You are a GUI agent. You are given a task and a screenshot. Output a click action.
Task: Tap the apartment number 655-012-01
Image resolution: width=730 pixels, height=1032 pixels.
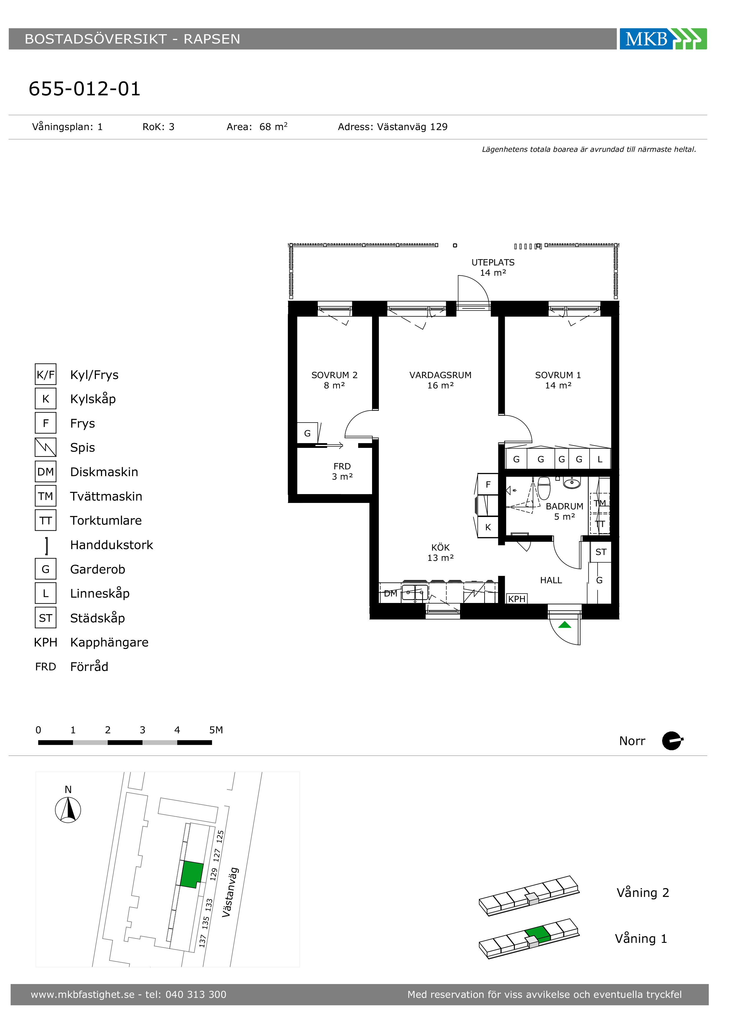(84, 89)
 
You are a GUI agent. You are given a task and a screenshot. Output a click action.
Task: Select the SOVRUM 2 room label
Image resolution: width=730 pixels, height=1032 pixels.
(334, 380)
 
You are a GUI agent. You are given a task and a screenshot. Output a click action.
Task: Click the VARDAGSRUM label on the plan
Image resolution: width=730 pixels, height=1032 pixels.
(441, 380)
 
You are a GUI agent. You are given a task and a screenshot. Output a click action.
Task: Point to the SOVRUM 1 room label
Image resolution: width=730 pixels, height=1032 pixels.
(558, 380)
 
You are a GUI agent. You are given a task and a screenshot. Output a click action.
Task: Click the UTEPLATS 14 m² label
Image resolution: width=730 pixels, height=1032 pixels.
(493, 267)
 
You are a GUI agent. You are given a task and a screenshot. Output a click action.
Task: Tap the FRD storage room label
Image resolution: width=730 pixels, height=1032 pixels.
(342, 471)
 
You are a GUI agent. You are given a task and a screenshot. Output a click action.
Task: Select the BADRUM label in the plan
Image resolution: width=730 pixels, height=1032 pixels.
(565, 511)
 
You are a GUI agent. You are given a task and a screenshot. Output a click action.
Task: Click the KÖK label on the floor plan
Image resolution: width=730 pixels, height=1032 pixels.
(441, 552)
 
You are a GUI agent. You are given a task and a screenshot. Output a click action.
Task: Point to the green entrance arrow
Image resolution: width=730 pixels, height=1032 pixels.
(565, 625)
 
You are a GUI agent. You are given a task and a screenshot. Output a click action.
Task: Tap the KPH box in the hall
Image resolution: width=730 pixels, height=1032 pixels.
(517, 599)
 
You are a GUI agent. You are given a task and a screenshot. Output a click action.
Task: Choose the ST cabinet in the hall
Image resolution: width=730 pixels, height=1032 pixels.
(601, 552)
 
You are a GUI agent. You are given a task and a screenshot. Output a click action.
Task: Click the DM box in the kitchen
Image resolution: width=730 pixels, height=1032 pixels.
(391, 593)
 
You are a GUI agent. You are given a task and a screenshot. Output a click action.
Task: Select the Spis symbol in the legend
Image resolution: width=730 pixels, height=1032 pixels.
(45, 447)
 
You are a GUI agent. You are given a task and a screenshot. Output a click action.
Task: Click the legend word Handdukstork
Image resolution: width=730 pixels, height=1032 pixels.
(112, 545)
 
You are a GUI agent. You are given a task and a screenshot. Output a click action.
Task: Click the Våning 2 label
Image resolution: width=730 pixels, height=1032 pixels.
(643, 893)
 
